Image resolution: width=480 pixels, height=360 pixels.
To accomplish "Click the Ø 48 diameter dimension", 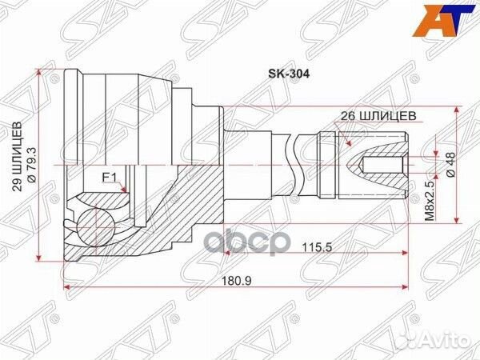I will (x=450, y=166).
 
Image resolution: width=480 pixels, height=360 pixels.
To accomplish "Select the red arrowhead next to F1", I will (x=125, y=189).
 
